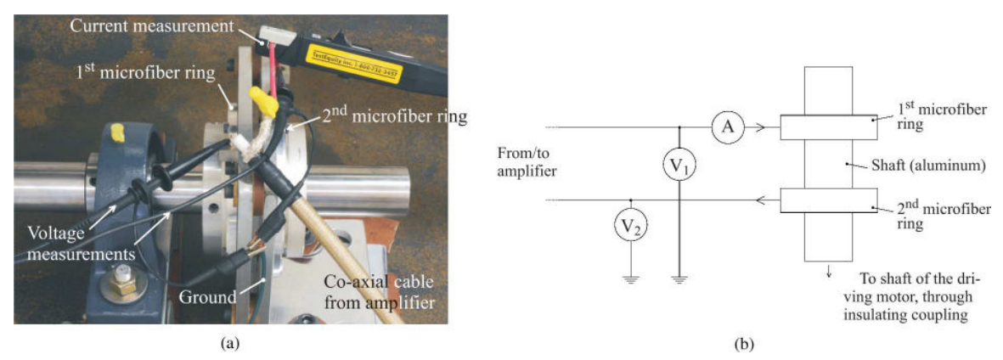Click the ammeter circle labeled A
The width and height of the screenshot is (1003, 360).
click(x=727, y=127)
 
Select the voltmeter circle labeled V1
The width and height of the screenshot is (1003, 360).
click(x=679, y=167)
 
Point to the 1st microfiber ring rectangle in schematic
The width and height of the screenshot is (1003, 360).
click(x=828, y=127)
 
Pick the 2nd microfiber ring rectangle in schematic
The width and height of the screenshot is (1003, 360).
click(x=828, y=200)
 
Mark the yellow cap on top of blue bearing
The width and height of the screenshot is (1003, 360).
click(x=119, y=132)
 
